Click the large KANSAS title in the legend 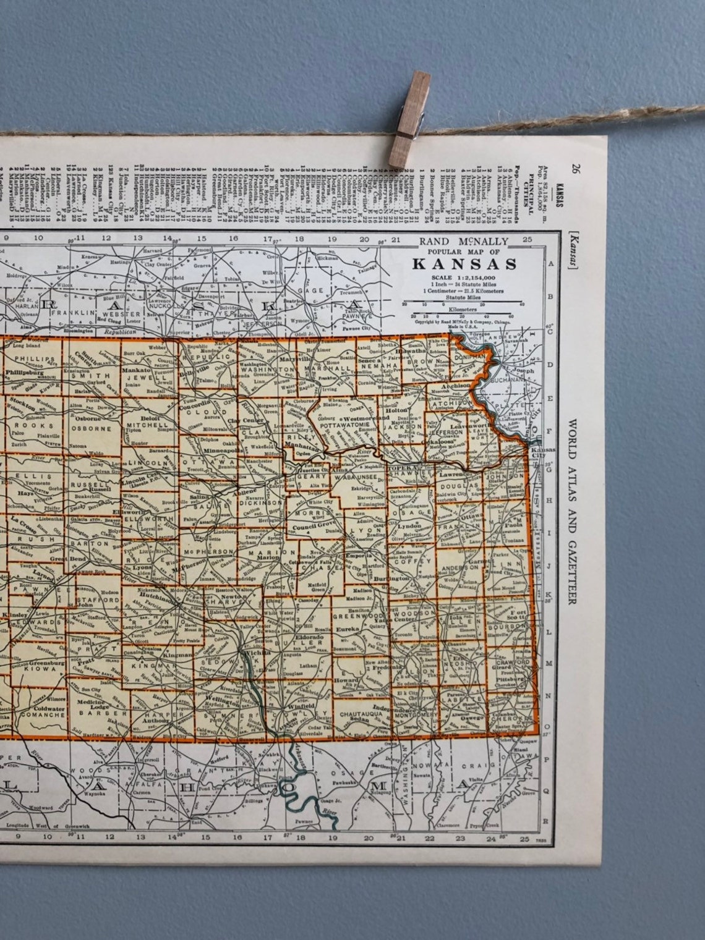click(x=464, y=264)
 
